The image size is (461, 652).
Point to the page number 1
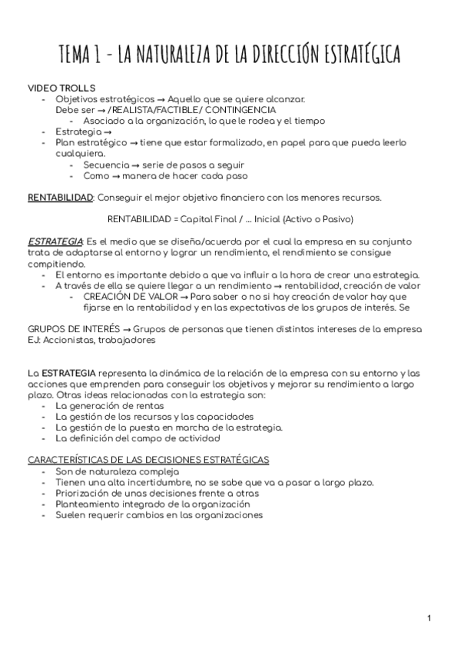click(429, 618)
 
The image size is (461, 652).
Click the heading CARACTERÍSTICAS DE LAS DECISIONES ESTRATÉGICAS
click(148, 460)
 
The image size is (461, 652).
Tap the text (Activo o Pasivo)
click(317, 219)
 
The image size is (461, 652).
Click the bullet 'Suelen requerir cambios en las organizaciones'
click(159, 514)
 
